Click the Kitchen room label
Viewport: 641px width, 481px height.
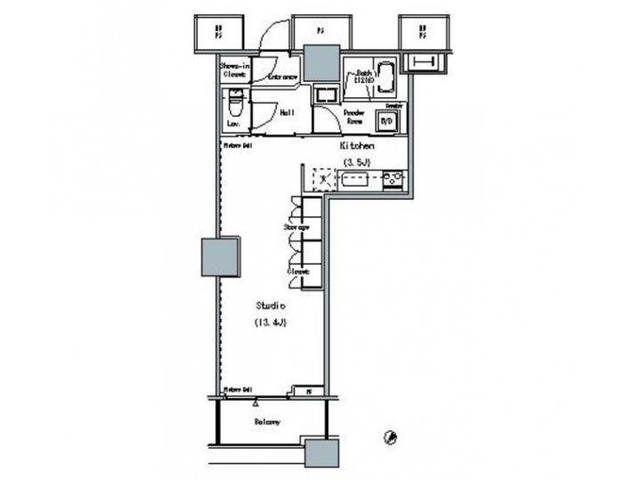click(x=355, y=145)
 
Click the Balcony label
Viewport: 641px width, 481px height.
click(x=267, y=421)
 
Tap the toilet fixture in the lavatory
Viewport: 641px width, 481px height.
click(x=233, y=102)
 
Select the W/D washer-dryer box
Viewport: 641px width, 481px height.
click(x=387, y=120)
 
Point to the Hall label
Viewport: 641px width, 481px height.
click(x=288, y=113)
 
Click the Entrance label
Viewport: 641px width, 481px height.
click(x=282, y=78)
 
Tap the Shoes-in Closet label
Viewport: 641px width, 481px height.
click(x=233, y=70)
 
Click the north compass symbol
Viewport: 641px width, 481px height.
click(x=390, y=436)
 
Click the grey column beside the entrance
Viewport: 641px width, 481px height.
click(x=319, y=62)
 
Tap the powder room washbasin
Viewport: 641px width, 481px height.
click(x=325, y=95)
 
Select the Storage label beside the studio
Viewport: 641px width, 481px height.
click(x=296, y=228)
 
